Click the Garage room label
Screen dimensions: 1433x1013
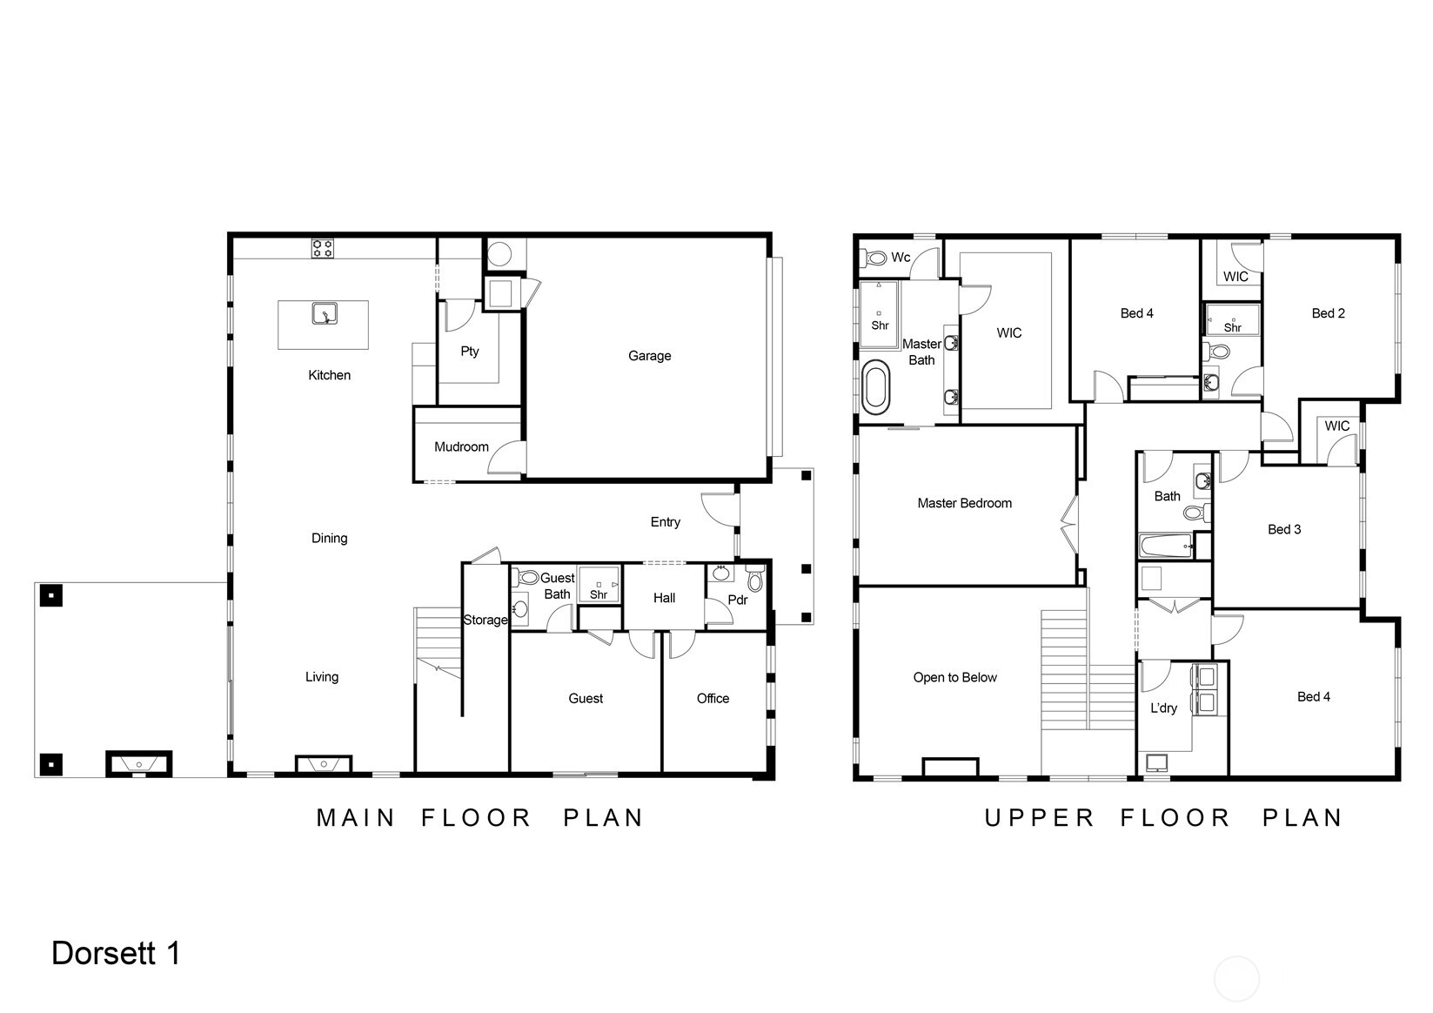pyautogui.click(x=649, y=356)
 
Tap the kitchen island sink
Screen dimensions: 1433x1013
pyautogui.click(x=325, y=313)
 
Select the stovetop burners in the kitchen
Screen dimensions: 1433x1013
pyautogui.click(x=323, y=248)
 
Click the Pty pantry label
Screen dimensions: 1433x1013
pyautogui.click(x=470, y=352)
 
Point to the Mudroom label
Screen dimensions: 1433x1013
pyautogui.click(x=461, y=446)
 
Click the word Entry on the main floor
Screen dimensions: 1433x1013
pyautogui.click(x=666, y=522)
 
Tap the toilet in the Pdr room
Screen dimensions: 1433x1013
pyautogui.click(x=755, y=578)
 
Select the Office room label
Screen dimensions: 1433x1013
pyautogui.click(x=713, y=698)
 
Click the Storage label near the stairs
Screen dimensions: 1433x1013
pyautogui.click(x=485, y=621)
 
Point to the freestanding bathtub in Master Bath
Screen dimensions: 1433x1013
pyautogui.click(x=876, y=386)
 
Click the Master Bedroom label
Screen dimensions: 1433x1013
pyautogui.click(x=965, y=504)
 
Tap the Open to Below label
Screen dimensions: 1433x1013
pyautogui.click(x=954, y=678)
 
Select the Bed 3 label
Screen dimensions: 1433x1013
pyautogui.click(x=1284, y=529)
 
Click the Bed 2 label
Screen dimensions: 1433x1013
pyautogui.click(x=1328, y=313)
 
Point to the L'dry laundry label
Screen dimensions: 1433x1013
pyautogui.click(x=1163, y=708)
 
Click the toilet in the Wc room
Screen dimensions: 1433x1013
pyautogui.click(x=875, y=258)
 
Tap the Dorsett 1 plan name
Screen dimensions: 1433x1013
pyautogui.click(x=116, y=954)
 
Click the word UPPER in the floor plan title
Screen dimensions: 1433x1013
pyautogui.click(x=1040, y=818)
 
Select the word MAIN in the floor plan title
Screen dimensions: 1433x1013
pyautogui.click(x=356, y=818)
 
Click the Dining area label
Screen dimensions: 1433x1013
pyautogui.click(x=330, y=538)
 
